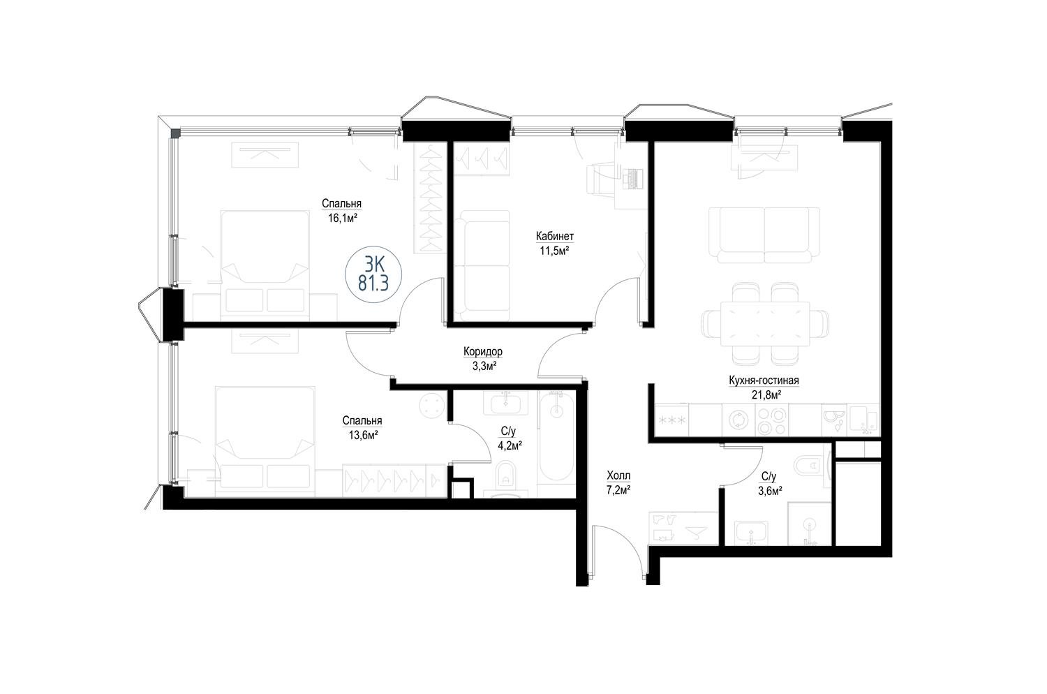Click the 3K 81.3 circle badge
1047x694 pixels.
(x=373, y=274)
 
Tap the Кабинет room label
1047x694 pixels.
(x=554, y=237)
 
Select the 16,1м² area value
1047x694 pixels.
(x=343, y=218)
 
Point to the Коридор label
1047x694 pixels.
(x=483, y=351)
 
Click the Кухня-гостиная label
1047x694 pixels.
(x=764, y=381)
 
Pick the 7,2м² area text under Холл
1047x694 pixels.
(x=618, y=490)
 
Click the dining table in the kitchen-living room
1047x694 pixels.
(x=765, y=324)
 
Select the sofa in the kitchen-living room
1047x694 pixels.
(x=764, y=235)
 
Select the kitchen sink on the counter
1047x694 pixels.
(x=864, y=420)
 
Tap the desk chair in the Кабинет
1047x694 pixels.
(x=600, y=179)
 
